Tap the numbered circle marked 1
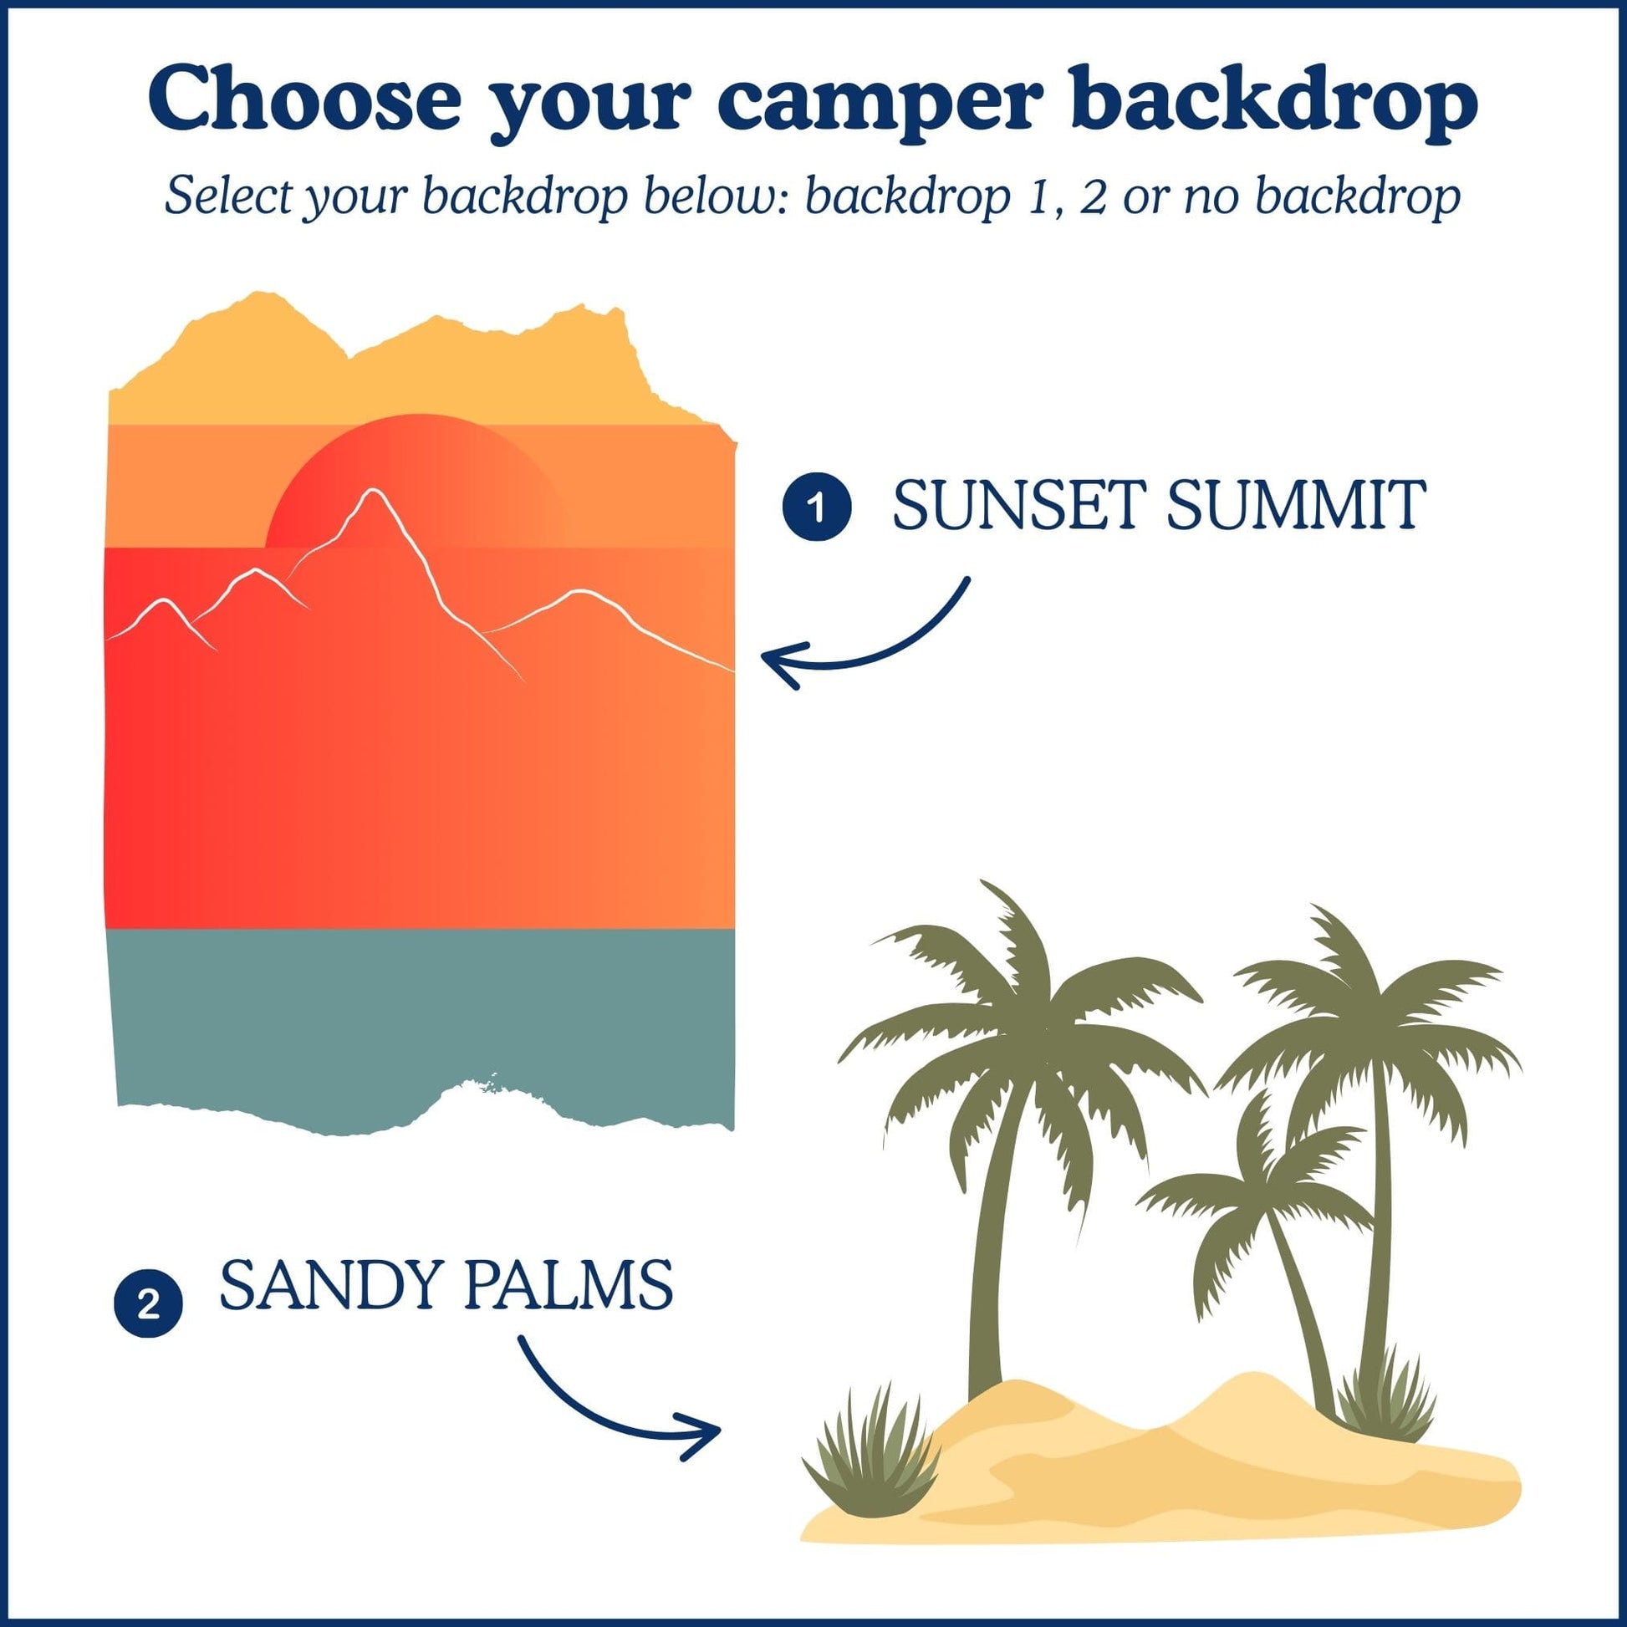816,507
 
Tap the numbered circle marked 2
148,1305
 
